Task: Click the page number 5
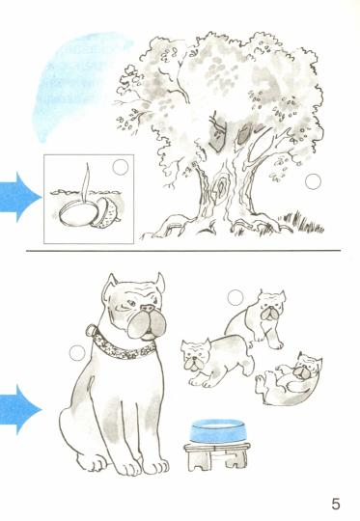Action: tap(336, 504)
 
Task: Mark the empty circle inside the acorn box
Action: tap(121, 167)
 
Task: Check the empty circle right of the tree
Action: tap(313, 181)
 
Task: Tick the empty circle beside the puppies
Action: tap(235, 297)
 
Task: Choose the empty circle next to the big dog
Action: tap(77, 353)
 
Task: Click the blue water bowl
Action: tap(218, 431)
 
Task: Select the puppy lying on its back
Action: tap(289, 379)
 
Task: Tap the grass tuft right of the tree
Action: tap(302, 222)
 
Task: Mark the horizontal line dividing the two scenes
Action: tap(183, 250)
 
